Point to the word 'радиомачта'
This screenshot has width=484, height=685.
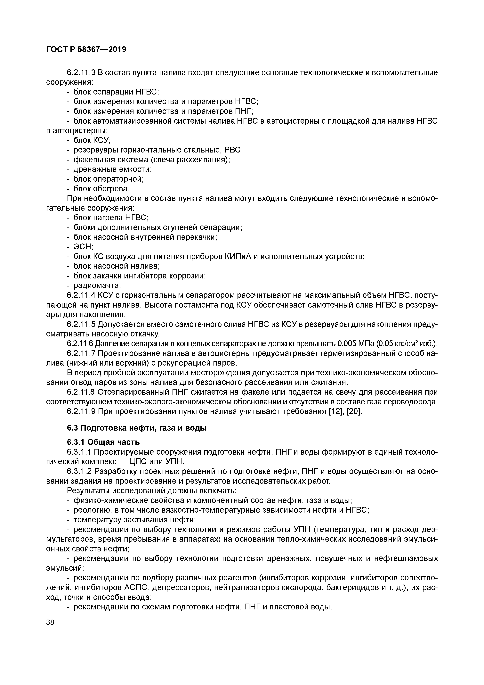pyautogui.click(x=97, y=285)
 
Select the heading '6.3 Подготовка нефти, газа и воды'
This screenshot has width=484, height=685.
pyautogui.click(x=137, y=428)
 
